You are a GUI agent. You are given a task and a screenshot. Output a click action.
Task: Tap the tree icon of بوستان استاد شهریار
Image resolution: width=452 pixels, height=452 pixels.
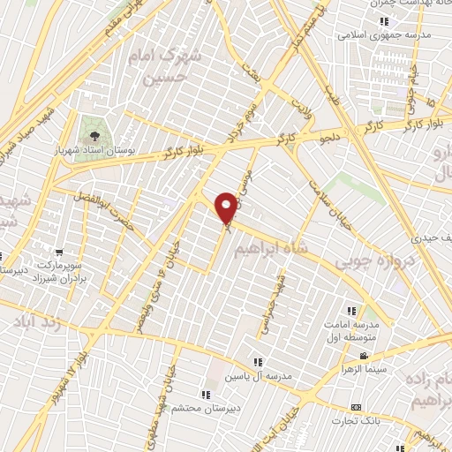pos(91,136)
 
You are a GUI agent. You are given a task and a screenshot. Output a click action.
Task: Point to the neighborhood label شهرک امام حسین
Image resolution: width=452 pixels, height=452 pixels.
pos(170,64)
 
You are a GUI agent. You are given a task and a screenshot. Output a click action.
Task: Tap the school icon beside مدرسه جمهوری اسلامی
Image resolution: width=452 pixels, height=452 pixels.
pos(383,21)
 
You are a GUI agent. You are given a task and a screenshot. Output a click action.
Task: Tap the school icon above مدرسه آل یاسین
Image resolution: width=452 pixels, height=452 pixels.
pos(258,361)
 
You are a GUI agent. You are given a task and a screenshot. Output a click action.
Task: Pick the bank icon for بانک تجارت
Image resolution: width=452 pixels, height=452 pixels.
pos(356,407)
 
